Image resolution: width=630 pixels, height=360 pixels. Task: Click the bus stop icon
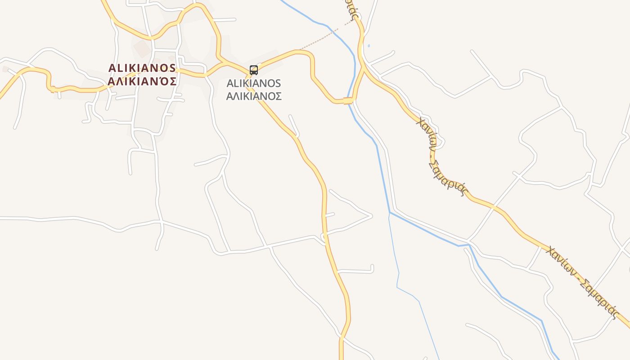254,70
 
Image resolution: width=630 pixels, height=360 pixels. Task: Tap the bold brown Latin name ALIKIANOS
142,68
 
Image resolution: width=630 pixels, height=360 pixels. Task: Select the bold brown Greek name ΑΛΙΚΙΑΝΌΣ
142,81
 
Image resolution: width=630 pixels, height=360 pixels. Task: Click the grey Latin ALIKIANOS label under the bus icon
254,84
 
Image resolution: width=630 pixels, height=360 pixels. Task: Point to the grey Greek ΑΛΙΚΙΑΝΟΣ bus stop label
254,96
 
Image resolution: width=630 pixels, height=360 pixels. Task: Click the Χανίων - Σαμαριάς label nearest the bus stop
441,155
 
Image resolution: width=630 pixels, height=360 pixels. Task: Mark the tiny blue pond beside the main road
369,45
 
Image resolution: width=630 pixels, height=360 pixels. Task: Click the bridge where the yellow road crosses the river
348,101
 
